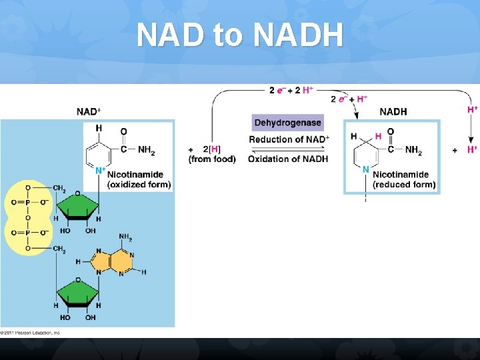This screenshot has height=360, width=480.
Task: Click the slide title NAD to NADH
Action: pos(240,35)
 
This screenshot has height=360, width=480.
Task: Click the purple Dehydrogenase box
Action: pos(287,123)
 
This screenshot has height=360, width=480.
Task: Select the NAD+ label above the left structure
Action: pos(89,111)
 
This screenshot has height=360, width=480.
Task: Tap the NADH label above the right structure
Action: pos(393,111)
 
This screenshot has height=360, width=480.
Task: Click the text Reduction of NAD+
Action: pos(289,139)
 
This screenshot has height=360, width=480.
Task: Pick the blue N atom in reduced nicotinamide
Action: pos(365,170)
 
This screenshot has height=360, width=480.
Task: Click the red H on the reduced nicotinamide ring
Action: pos(378,137)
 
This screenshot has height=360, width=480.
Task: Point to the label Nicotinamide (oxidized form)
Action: pos(139,179)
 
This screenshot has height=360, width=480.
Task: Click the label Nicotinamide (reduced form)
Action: pos(404,179)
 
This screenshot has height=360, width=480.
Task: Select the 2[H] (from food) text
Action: pos(211,154)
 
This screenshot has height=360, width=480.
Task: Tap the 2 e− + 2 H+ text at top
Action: pos(291,90)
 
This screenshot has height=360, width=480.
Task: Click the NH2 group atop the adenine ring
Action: pos(125,237)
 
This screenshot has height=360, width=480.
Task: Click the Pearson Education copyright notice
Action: pos(31,332)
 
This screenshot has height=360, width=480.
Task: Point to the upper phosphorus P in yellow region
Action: pos(27,202)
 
